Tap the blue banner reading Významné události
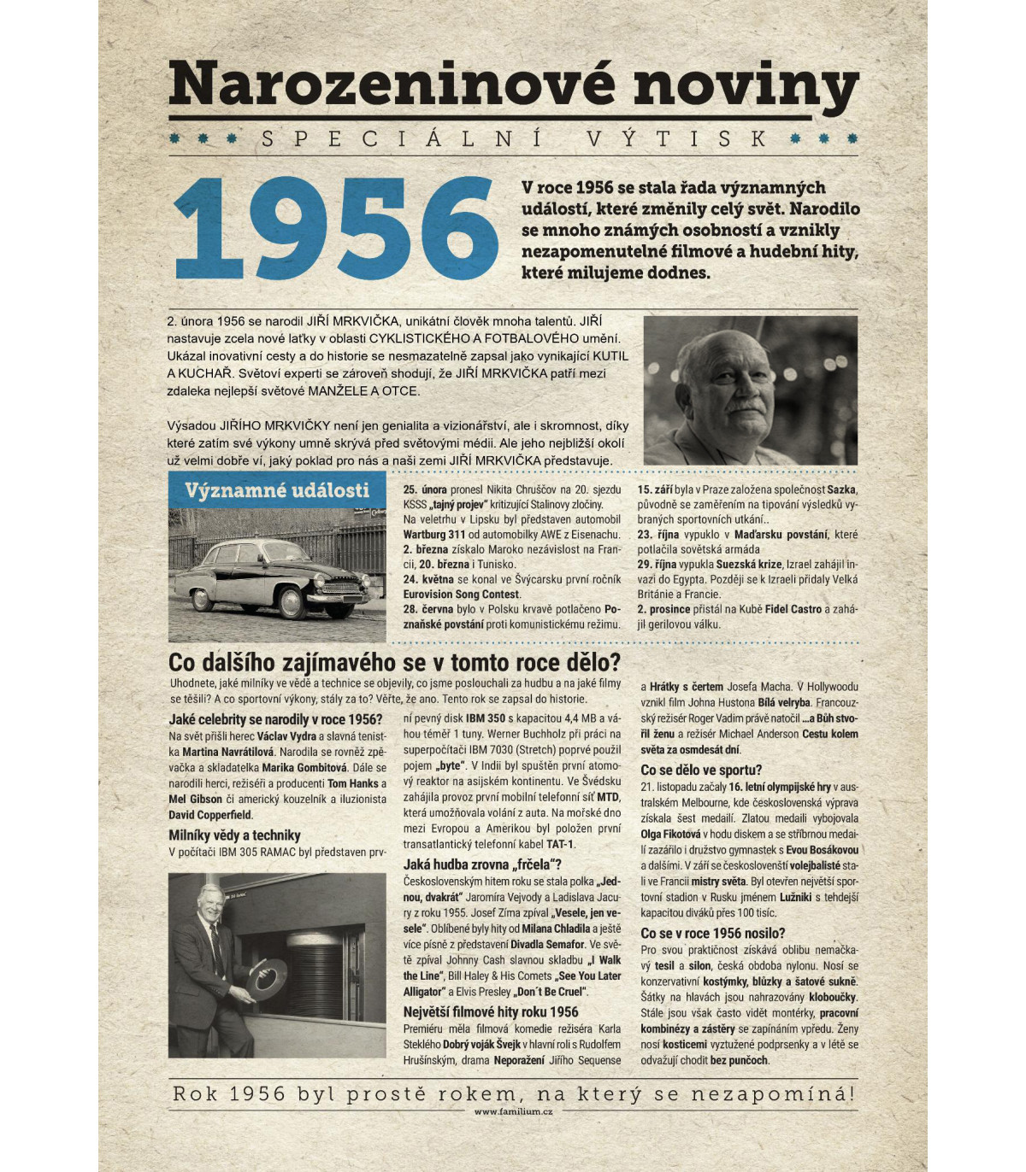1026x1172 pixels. point(277,490)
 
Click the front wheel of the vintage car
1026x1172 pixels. point(292,601)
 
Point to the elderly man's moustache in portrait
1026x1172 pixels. point(738,407)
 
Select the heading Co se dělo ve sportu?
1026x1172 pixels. point(701,770)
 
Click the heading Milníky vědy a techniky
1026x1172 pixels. point(234,835)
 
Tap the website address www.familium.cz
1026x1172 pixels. point(513,1111)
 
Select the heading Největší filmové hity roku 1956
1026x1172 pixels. point(491,1012)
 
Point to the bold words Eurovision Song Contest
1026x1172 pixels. point(462,595)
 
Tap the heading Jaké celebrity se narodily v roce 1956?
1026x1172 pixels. point(275,719)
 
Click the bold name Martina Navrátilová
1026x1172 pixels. point(227,752)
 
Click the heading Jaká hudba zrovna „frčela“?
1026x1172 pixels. point(482,864)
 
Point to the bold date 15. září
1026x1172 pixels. point(655,490)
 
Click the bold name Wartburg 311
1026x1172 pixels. point(434,535)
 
